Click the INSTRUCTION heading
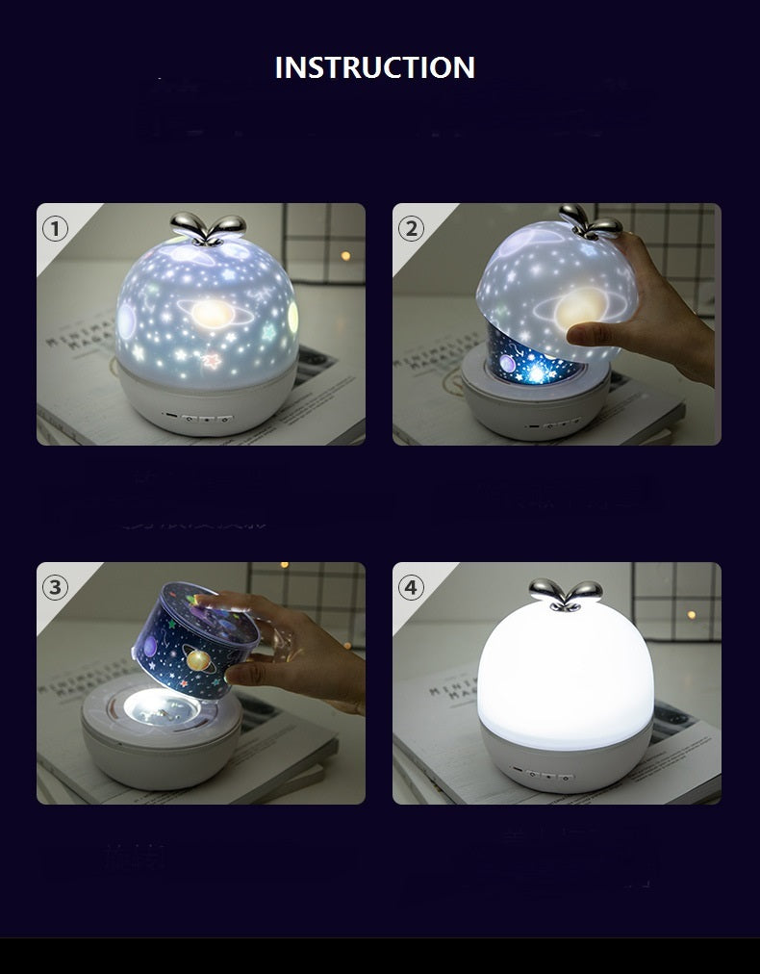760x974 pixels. (375, 67)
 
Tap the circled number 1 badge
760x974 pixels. (56, 228)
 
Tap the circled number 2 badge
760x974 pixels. (412, 228)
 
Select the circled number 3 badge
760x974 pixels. (56, 587)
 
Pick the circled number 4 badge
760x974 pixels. (412, 587)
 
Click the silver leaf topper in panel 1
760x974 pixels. (201, 225)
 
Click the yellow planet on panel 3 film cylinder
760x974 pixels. (202, 662)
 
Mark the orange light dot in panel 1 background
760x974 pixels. (344, 255)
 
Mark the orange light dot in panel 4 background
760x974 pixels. (690, 613)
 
